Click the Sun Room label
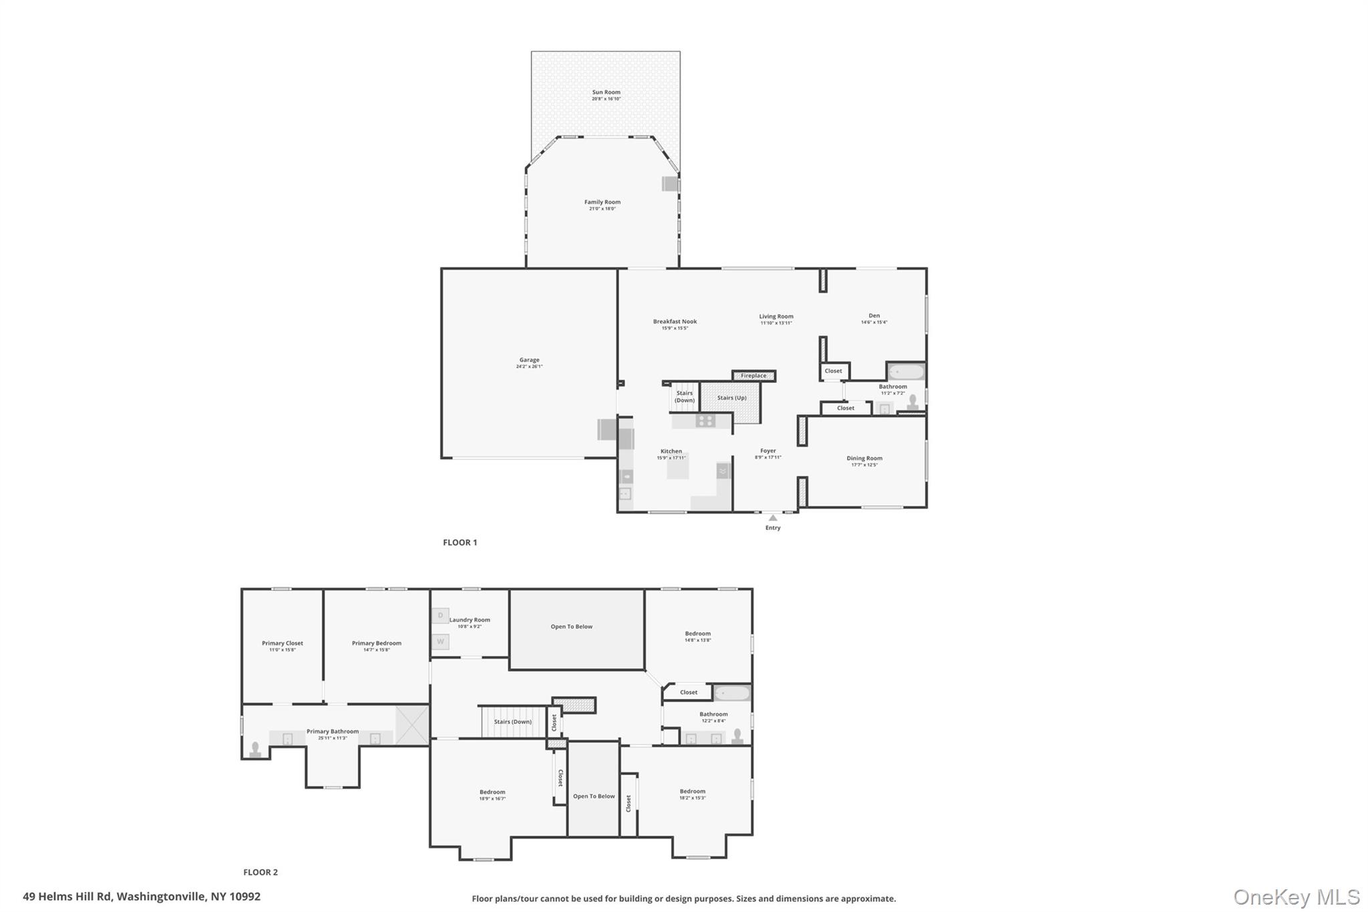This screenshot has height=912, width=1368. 606,93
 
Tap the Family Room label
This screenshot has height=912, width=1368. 602,202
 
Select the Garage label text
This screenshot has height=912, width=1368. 529,360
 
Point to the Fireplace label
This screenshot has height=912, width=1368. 753,375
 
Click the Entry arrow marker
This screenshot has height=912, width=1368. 773,518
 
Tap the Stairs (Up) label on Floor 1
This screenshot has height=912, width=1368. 731,398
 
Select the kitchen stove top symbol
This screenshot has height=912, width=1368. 705,420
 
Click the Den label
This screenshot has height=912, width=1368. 874,316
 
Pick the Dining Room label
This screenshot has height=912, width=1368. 864,458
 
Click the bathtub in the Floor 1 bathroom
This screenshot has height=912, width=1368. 906,371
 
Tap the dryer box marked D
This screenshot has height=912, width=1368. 440,615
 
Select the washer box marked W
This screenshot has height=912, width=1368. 440,641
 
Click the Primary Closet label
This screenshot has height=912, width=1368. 282,643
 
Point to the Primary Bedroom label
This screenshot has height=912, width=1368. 376,643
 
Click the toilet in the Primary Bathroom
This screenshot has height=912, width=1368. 254,750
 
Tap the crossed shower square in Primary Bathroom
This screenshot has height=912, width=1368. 411,725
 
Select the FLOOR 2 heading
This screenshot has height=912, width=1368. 260,872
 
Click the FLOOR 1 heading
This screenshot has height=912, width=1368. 460,543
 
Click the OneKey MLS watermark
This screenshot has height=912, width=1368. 1296,897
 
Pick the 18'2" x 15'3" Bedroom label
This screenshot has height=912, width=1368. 692,792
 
